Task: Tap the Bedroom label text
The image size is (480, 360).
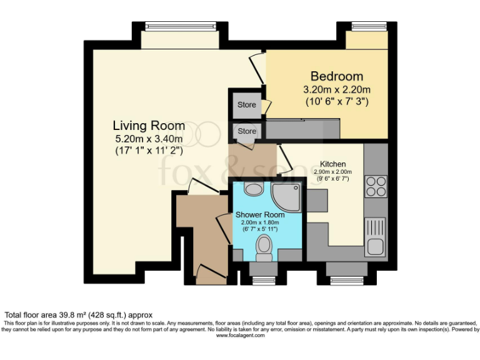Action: pos(336,76)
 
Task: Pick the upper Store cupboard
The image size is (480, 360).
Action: pos(247,105)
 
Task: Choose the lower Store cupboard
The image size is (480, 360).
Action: pos(247,131)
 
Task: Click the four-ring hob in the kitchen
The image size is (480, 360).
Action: pos(376,185)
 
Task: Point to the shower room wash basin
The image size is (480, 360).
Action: pos(253,189)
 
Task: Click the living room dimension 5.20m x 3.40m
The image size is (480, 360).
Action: pos(149,138)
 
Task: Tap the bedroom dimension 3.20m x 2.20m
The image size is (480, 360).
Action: pos(336,89)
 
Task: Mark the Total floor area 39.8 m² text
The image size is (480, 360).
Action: pos(79,314)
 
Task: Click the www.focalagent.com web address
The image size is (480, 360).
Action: pos(240,336)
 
